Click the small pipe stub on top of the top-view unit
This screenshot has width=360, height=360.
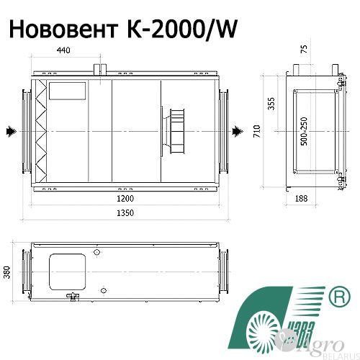99,68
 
